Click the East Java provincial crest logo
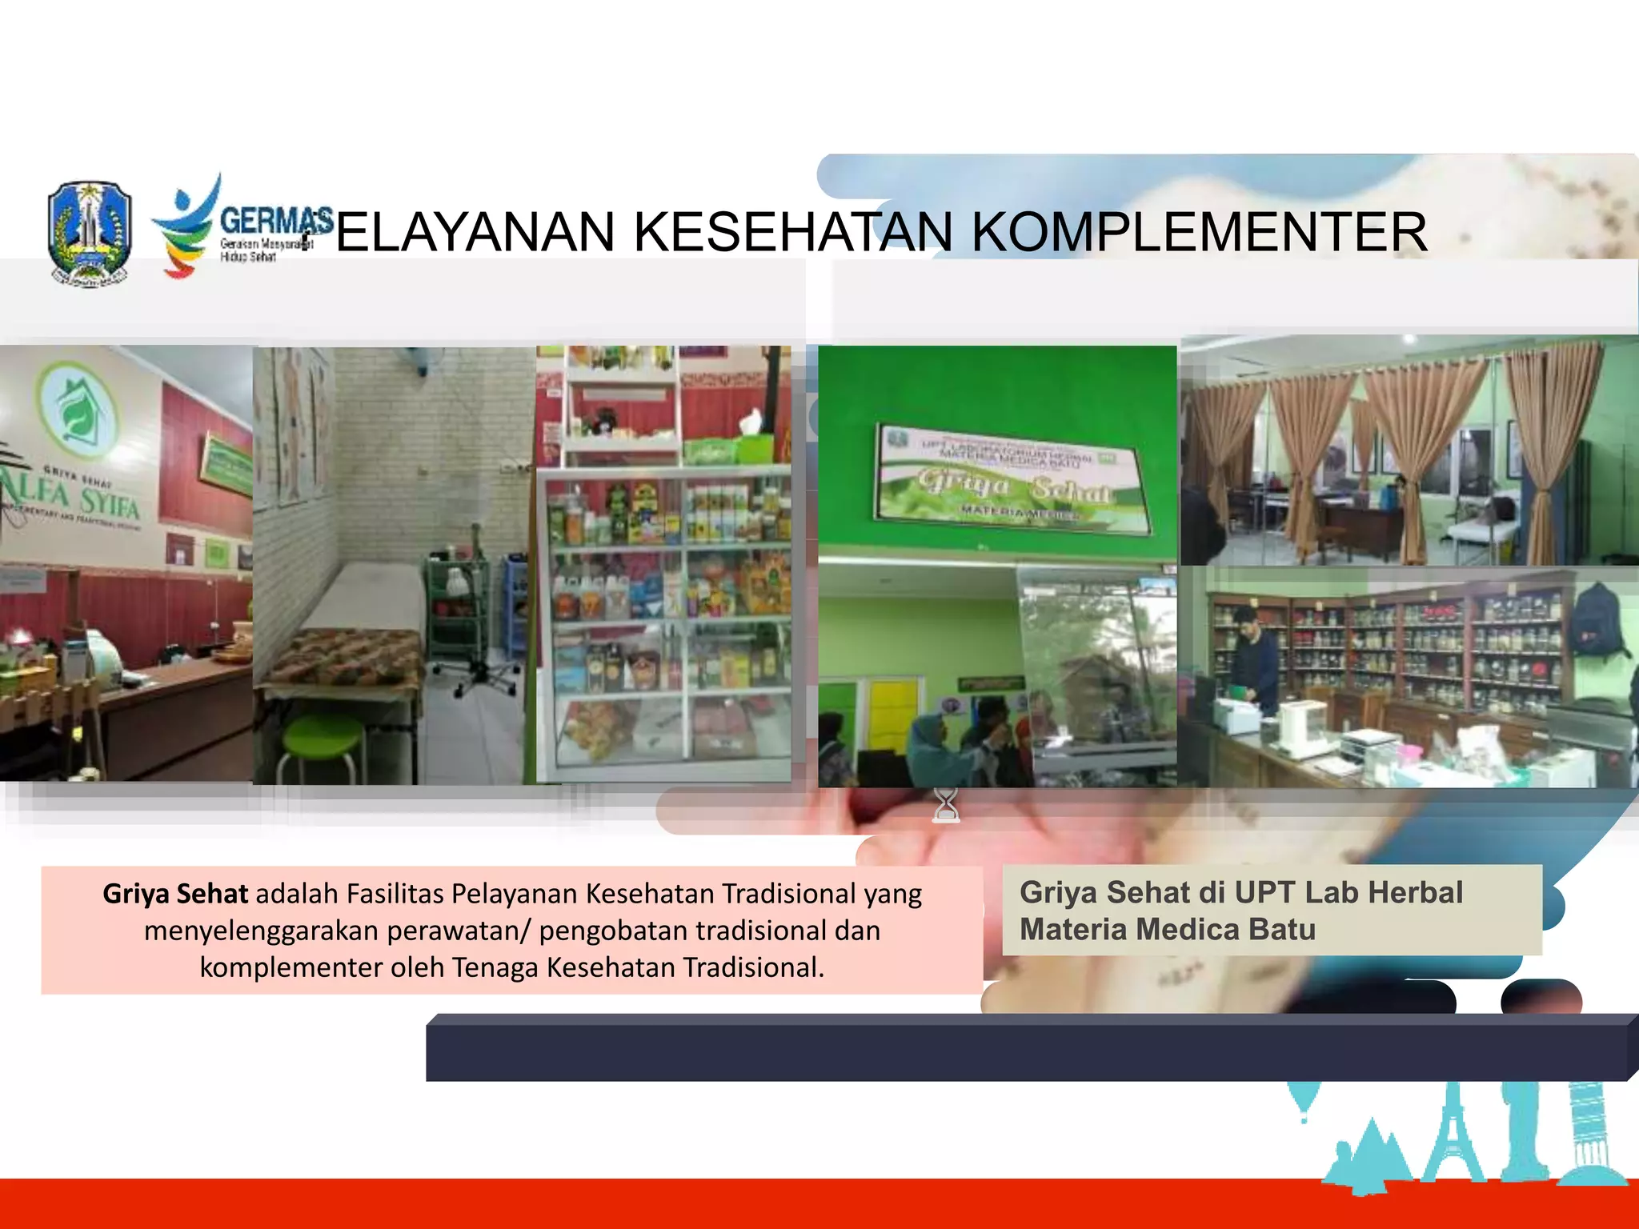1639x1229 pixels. [89, 233]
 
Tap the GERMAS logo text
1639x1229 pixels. [275, 220]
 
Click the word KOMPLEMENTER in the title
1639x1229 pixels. [1199, 233]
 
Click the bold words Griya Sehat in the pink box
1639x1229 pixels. [175, 894]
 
